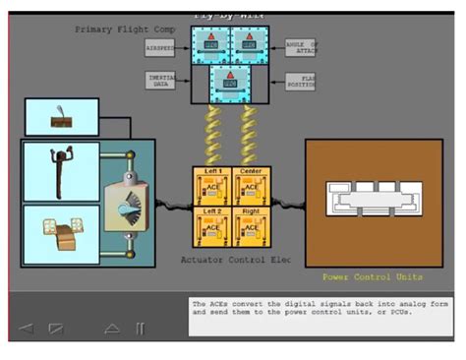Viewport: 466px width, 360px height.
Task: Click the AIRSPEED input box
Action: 160,46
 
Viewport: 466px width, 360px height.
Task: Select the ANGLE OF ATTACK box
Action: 301,46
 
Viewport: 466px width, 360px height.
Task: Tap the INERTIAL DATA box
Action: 160,81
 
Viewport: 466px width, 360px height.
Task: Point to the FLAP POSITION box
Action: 301,81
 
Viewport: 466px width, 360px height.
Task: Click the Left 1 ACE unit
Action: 212,185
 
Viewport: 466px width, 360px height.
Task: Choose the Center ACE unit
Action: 250,185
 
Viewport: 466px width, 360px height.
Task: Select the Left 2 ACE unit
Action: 212,224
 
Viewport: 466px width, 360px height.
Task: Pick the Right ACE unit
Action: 250,224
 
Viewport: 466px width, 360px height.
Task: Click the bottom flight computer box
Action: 229,83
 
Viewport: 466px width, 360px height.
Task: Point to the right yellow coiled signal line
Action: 249,136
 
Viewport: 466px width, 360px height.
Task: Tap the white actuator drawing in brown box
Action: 372,203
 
